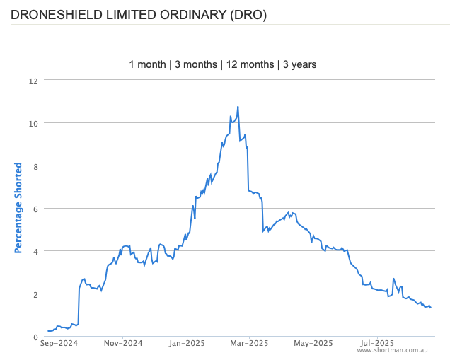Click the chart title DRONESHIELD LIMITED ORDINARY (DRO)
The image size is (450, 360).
[x=139, y=14]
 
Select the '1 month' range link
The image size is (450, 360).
[x=147, y=64]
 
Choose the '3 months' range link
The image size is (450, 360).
[x=196, y=64]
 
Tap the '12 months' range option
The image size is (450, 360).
[x=250, y=64]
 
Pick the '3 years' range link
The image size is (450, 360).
[x=300, y=64]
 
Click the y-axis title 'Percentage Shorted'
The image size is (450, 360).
[x=18, y=208]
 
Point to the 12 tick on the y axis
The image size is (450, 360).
[x=33, y=81]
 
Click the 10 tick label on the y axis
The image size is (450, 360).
[x=33, y=123]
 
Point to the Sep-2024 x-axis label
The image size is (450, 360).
[x=59, y=344]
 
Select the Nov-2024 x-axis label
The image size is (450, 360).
[x=123, y=344]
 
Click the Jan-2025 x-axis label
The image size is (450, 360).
[x=187, y=344]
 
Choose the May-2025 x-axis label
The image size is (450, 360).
[x=313, y=344]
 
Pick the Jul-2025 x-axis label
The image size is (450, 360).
[x=376, y=344]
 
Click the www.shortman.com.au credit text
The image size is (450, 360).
[x=397, y=350]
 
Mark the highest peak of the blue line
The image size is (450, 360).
[x=238, y=107]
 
